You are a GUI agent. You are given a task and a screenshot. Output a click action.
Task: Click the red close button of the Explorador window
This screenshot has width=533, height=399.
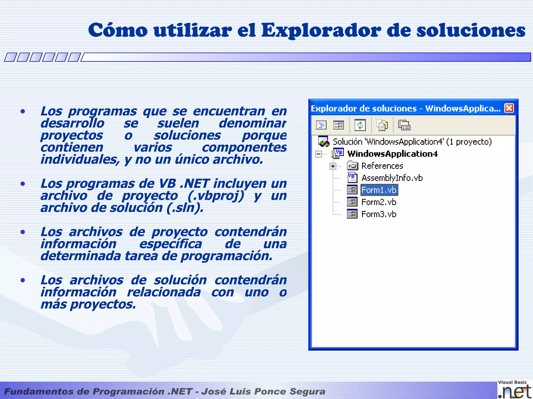coord(509,108)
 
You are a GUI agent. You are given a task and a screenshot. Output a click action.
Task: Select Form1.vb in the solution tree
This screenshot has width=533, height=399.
coord(379,190)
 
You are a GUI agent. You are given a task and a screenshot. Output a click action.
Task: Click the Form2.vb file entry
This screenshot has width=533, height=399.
coord(379,202)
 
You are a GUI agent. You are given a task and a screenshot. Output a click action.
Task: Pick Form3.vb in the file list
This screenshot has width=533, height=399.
coord(379,214)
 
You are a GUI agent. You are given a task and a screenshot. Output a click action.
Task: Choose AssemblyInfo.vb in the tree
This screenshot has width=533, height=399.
coord(392,178)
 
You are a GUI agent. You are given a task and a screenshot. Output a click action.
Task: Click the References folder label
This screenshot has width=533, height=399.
coord(382,166)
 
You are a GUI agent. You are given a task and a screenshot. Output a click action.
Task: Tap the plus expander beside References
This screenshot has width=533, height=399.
coord(333,166)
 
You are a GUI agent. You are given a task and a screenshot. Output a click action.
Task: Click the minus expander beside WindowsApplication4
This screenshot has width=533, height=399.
coord(318,154)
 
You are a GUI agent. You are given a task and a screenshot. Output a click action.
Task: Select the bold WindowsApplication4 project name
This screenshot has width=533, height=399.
coord(392,154)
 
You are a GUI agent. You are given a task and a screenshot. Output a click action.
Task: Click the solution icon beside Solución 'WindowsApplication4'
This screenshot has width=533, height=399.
coord(323,142)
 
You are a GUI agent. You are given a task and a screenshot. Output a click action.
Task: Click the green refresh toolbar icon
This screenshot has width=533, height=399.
coord(360,125)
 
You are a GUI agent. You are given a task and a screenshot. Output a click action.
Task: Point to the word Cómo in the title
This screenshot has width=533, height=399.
coord(118,30)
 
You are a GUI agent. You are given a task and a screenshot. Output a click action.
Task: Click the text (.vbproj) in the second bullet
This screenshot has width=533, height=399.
coord(216,196)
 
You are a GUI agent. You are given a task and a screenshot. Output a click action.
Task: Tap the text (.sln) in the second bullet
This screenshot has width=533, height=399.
coord(185,208)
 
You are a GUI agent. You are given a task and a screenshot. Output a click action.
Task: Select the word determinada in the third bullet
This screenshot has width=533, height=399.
coord(81,256)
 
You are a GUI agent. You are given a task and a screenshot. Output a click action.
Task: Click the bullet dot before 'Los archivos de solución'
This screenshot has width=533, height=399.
coord(23,280)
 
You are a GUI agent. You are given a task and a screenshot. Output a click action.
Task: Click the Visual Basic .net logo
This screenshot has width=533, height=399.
coord(514,389)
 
